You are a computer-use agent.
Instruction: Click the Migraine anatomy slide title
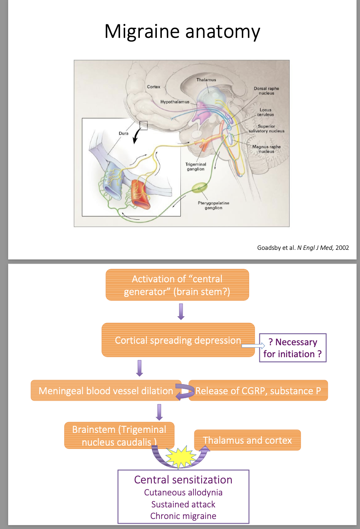pyautogui.click(x=182, y=32)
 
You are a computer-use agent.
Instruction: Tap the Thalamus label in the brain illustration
pyautogui.click(x=206, y=80)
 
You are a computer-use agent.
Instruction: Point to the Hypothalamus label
pyautogui.click(x=175, y=102)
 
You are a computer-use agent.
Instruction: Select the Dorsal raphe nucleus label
pyautogui.click(x=266, y=91)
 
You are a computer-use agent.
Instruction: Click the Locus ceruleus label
pyautogui.click(x=265, y=112)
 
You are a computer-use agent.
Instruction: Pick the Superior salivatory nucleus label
pyautogui.click(x=266, y=129)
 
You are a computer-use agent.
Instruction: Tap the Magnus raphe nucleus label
pyautogui.click(x=266, y=149)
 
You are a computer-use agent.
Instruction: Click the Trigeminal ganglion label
pyautogui.click(x=196, y=166)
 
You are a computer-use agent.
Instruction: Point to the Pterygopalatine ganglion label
pyautogui.click(x=213, y=205)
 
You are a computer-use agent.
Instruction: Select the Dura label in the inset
pyautogui.click(x=124, y=133)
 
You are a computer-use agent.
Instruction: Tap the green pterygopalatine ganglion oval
pyautogui.click(x=200, y=188)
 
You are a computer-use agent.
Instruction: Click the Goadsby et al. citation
pyautogui.click(x=303, y=248)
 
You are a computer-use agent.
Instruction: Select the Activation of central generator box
pyautogui.click(x=177, y=285)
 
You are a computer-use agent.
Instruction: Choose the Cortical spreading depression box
pyautogui.click(x=178, y=340)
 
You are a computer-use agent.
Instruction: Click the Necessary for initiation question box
pyautogui.click(x=293, y=348)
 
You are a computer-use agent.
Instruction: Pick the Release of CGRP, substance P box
pyautogui.click(x=258, y=391)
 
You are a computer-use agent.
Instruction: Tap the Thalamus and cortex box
pyautogui.click(x=247, y=440)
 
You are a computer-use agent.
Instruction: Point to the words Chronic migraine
pyautogui.click(x=183, y=516)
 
